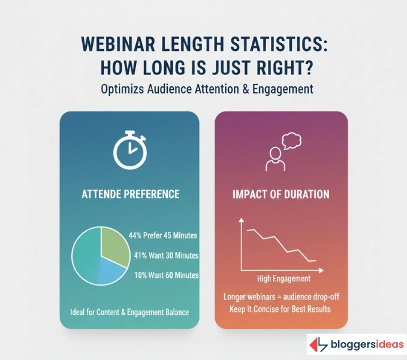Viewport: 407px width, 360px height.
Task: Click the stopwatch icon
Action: point(129,150)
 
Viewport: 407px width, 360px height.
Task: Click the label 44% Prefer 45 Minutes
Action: point(164,236)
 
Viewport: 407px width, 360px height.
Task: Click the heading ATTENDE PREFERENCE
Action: point(129,194)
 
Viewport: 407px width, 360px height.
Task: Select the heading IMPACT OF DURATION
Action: point(281,194)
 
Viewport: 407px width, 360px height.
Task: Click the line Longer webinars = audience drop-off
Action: point(281,297)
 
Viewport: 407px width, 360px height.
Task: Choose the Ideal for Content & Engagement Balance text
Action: point(129,312)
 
